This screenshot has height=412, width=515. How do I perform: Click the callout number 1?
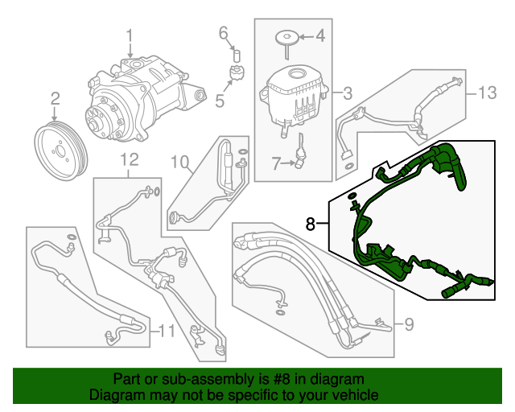130,35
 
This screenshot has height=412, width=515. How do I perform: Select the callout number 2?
56,99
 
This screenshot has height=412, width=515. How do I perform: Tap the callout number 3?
347,93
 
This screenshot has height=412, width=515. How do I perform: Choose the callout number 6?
224,33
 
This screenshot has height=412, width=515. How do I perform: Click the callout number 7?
275,163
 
